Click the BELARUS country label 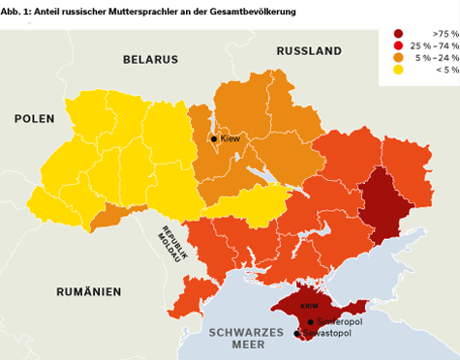tap(151, 59)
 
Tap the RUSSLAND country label tap(309, 50)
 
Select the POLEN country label tap(35, 118)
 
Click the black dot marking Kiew tap(214, 139)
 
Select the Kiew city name tap(230, 139)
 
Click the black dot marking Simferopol tap(310, 321)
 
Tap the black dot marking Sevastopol tap(297, 334)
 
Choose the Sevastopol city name tap(323, 334)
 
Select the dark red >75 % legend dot tap(398, 33)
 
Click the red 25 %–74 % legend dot tap(398, 45)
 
